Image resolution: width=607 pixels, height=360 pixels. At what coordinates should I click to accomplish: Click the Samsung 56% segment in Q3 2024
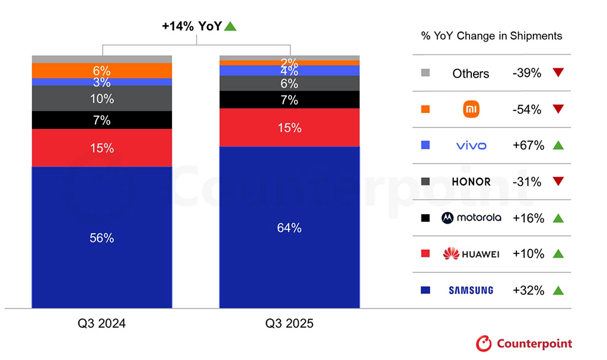tap(101, 237)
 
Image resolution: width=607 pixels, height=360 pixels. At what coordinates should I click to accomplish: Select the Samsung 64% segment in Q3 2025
tap(289, 227)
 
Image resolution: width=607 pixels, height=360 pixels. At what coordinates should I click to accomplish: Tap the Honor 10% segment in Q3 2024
tap(101, 98)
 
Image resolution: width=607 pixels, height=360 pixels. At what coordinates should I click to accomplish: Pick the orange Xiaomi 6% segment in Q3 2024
tap(101, 71)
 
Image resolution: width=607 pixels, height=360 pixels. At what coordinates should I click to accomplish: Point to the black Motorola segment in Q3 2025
tap(289, 100)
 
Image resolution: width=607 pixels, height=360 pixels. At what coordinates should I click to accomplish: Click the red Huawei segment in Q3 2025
tap(289, 128)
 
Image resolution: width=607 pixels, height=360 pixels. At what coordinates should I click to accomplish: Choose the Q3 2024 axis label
tap(101, 324)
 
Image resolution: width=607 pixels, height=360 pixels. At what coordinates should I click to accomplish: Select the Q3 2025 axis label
tap(289, 324)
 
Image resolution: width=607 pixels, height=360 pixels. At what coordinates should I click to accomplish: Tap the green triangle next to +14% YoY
tap(231, 26)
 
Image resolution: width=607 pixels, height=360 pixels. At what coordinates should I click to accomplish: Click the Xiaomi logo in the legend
tap(472, 109)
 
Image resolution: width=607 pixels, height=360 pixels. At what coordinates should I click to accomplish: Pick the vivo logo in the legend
tap(472, 145)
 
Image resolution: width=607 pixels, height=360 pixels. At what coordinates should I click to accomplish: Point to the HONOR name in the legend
tap(472, 181)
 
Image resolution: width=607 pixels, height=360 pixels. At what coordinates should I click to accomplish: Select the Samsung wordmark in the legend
tap(471, 290)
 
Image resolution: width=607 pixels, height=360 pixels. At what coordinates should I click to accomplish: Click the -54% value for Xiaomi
tap(527, 109)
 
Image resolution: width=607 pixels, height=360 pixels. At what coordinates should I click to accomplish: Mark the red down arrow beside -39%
tap(557, 73)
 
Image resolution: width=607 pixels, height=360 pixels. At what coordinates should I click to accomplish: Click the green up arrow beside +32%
tap(557, 290)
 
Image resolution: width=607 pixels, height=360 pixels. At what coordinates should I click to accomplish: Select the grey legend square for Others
tap(425, 73)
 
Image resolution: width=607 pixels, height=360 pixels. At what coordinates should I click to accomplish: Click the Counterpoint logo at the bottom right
tap(524, 343)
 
